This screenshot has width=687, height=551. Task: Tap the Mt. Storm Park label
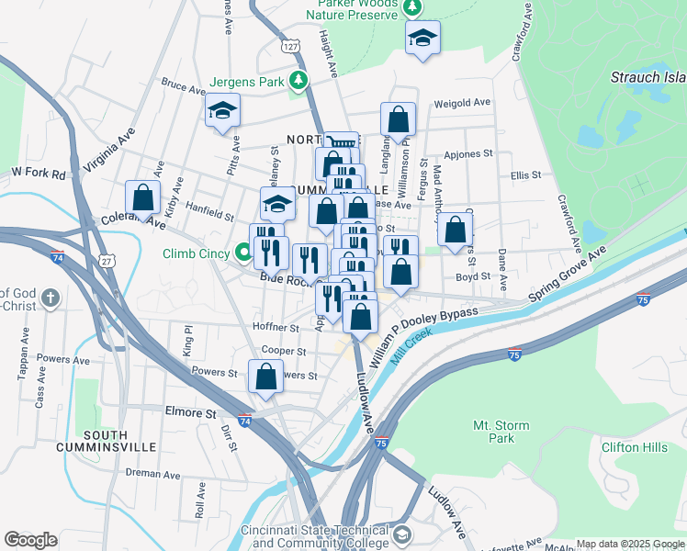493,432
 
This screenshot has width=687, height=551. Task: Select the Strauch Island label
647,78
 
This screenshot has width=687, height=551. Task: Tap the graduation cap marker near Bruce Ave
222,111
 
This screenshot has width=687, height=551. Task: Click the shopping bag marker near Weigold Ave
398,119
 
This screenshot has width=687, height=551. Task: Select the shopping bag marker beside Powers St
265,377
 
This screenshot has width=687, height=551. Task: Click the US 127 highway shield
289,46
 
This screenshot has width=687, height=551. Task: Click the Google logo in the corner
30,540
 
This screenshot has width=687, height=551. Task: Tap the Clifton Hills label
634,447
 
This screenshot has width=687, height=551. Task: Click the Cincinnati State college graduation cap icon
401,534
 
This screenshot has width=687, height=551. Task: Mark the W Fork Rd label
39,173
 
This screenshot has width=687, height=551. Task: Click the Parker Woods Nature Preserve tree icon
413,8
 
